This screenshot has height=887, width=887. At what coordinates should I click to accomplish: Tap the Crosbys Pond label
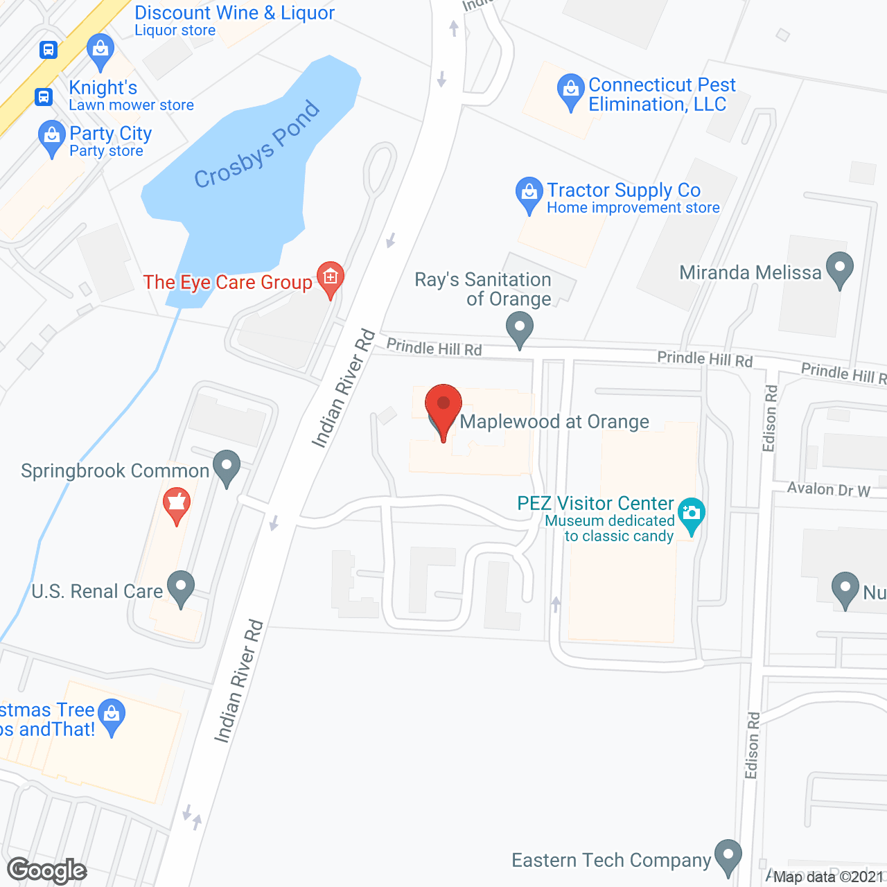click(257, 145)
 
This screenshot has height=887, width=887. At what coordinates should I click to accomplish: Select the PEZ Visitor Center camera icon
click(691, 513)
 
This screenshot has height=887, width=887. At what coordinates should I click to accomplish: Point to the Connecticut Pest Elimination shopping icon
click(570, 89)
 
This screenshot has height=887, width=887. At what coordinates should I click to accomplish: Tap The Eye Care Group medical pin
click(330, 279)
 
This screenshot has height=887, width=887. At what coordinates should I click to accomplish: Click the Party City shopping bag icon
click(52, 137)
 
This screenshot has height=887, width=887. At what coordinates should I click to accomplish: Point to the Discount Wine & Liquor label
click(234, 20)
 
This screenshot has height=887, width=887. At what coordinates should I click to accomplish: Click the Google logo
click(46, 870)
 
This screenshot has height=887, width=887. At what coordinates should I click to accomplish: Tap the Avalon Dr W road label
click(828, 490)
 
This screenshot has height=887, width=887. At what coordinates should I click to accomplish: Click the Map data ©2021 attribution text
click(828, 877)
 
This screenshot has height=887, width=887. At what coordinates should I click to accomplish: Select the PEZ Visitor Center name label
click(595, 503)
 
